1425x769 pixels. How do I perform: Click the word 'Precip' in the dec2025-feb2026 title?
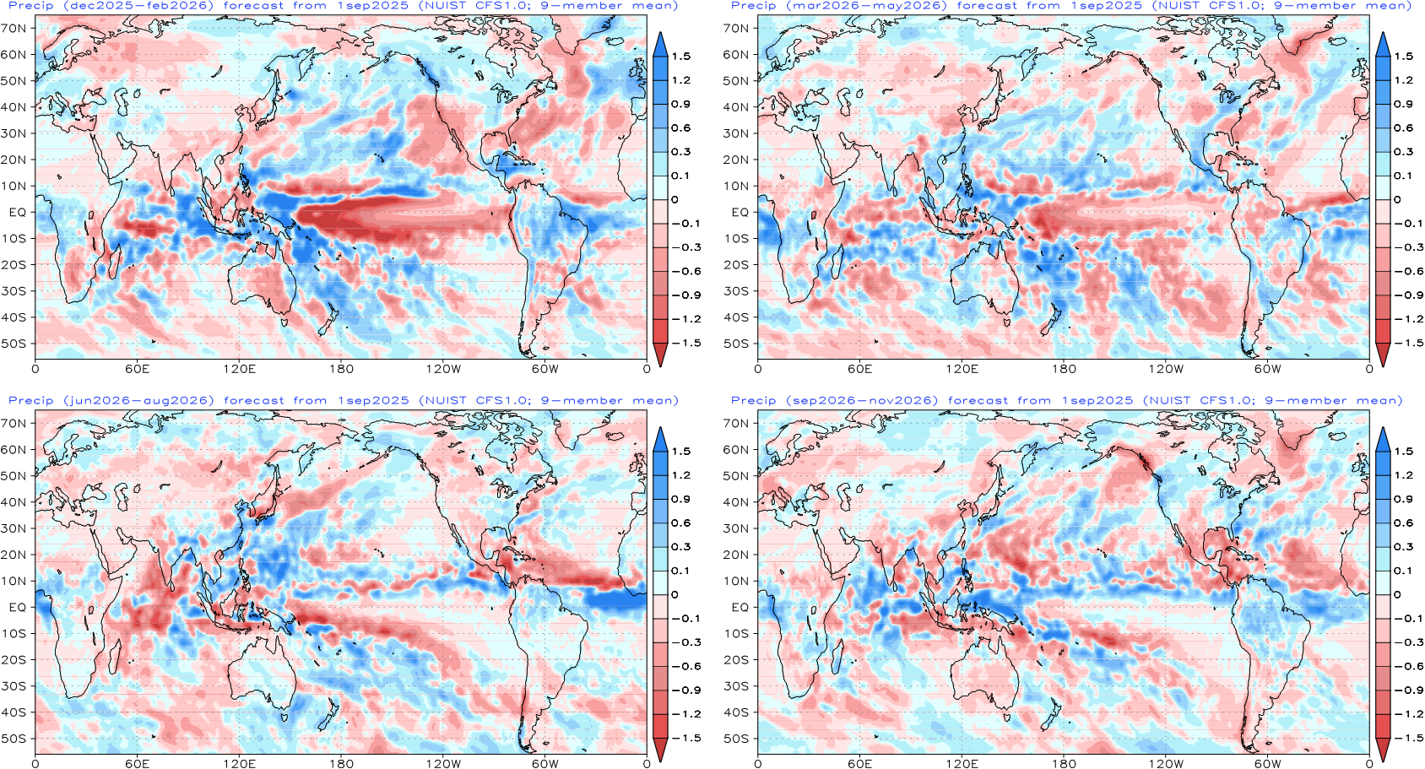(x=30, y=6)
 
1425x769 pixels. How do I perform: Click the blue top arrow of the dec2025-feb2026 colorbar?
(x=660, y=45)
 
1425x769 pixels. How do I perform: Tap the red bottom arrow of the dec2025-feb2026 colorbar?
(x=660, y=354)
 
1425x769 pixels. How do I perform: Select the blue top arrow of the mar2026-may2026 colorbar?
(x=1383, y=45)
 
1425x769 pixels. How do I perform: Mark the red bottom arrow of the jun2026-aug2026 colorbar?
(x=660, y=750)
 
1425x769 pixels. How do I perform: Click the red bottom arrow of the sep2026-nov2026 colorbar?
(x=1383, y=750)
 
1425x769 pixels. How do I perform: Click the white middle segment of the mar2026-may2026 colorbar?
(x=1383, y=187)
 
